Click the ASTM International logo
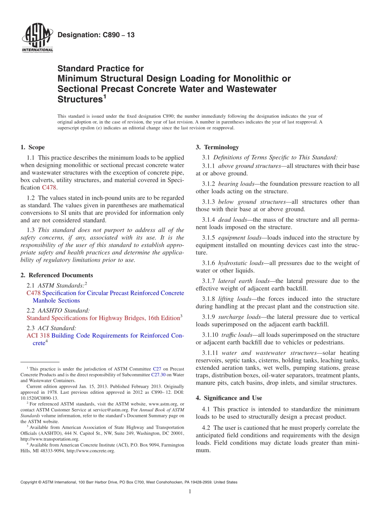point(37,38)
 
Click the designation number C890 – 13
point(96,35)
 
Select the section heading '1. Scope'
point(32,147)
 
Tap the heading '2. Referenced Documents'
point(56,275)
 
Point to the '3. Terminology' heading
point(217,147)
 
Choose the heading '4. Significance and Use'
point(229,398)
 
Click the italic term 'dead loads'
point(232,220)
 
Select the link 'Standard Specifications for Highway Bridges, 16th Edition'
point(103,318)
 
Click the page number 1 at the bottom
point(190,491)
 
